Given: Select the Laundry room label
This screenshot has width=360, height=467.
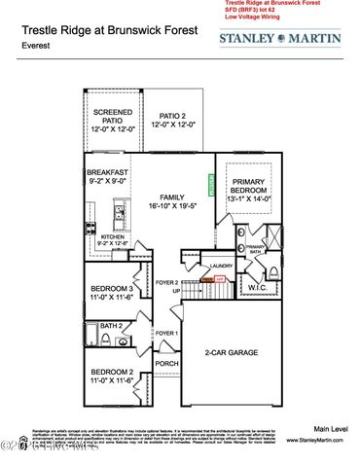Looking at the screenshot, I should (221, 266).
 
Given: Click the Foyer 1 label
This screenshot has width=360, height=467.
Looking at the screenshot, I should (166, 333).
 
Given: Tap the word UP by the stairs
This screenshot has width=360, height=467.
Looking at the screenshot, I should (176, 291).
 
